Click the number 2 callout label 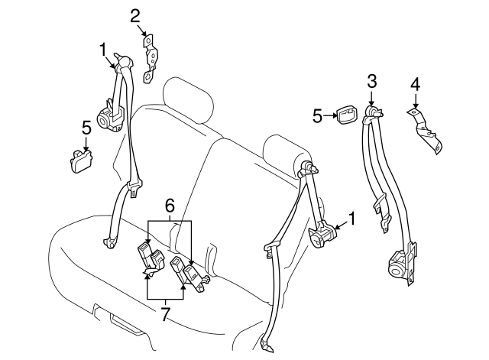coord(135,15)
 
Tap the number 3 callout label coord(371,81)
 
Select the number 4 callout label coord(416,83)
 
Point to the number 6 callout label coord(170,205)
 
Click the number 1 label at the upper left coord(102,50)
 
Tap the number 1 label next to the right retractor coord(352,219)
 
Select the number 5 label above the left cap coord(86,126)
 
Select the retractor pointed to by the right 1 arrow coord(321,235)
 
